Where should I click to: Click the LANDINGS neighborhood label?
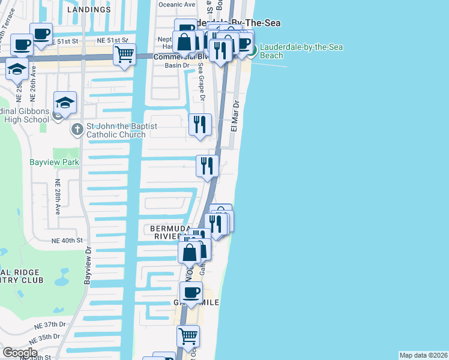pos(89,10)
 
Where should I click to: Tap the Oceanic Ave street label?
pos(176,4)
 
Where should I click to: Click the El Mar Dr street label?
pos(236,116)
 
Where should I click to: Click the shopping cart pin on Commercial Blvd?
pos(124,55)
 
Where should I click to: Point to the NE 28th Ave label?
pos(58,197)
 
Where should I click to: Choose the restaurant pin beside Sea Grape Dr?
pos(200,125)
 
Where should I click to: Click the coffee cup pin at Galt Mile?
pos(191,293)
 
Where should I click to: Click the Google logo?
pos(20,353)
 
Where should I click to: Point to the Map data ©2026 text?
pos(423,355)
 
